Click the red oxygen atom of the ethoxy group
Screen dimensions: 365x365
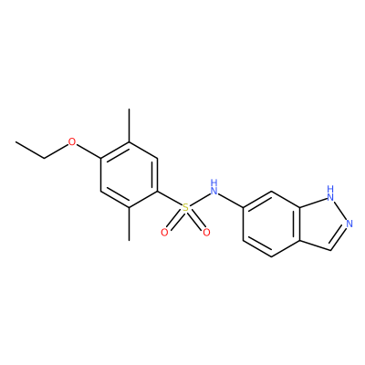click(72, 141)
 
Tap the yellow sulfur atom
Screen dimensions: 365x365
click(185, 208)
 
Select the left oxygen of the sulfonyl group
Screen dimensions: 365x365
click(164, 233)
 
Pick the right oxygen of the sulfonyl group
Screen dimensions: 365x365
click(206, 233)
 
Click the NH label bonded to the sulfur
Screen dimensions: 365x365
click(214, 187)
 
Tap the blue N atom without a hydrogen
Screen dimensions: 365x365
click(349, 224)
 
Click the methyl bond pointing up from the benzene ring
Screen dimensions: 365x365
click(130, 125)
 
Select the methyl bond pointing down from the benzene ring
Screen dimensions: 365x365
click(130, 224)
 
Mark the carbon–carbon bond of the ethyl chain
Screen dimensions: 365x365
click(30, 150)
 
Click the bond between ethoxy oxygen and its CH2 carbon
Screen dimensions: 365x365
click(56, 151)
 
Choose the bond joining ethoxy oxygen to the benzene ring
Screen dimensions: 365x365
click(89, 151)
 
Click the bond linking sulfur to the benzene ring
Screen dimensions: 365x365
click(170, 199)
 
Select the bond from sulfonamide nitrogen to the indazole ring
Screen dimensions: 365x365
click(231, 200)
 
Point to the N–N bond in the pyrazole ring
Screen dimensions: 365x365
click(340, 211)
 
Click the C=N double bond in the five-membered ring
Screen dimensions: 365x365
click(339, 239)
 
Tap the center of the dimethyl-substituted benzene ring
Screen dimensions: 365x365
click(130, 174)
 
